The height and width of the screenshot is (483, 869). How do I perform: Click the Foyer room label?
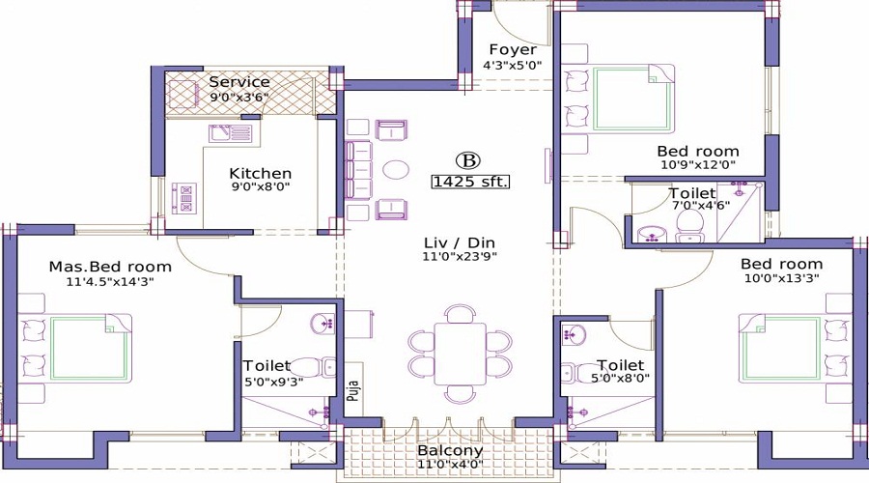coord(512,49)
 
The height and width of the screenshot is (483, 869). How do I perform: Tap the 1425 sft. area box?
coord(470,181)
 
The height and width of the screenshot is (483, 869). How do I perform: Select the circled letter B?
coord(468,159)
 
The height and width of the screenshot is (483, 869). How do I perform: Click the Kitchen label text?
coord(260,174)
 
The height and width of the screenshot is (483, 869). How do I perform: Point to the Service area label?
coord(239,82)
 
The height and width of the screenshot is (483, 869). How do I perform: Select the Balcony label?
coord(450,451)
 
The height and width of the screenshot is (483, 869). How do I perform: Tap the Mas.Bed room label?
coord(110,267)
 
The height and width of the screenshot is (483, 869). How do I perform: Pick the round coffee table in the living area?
coord(396,169)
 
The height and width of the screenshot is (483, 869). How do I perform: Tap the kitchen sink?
coord(231,133)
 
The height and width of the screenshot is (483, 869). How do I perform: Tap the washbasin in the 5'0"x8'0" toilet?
coord(576,336)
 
